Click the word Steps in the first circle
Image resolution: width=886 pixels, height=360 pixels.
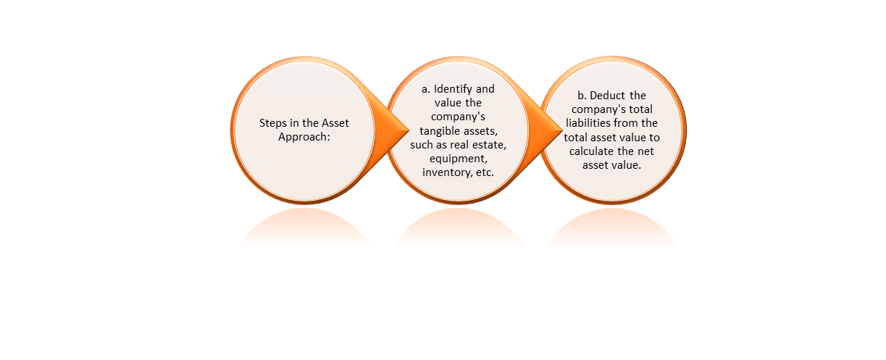coord(273,123)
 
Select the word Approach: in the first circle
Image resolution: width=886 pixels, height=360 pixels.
coord(304,137)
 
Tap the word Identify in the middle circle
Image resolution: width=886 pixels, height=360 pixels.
coord(453,89)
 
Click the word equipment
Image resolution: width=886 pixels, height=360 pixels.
coord(459,159)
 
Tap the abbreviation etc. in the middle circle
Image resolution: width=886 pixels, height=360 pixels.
coord(485,172)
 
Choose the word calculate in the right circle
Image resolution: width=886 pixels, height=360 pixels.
coord(592,151)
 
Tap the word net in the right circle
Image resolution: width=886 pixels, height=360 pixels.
coord(646,151)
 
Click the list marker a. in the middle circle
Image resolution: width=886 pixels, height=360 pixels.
coord(425,89)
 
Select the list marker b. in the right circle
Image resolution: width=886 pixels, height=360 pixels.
coord(582,96)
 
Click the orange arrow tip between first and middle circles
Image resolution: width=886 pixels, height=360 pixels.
coord(409,130)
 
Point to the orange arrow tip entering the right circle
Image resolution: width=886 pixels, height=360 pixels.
coord(561,130)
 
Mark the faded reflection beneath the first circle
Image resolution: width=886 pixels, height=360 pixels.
coord(305,227)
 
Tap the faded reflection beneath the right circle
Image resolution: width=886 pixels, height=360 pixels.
coord(612,227)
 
